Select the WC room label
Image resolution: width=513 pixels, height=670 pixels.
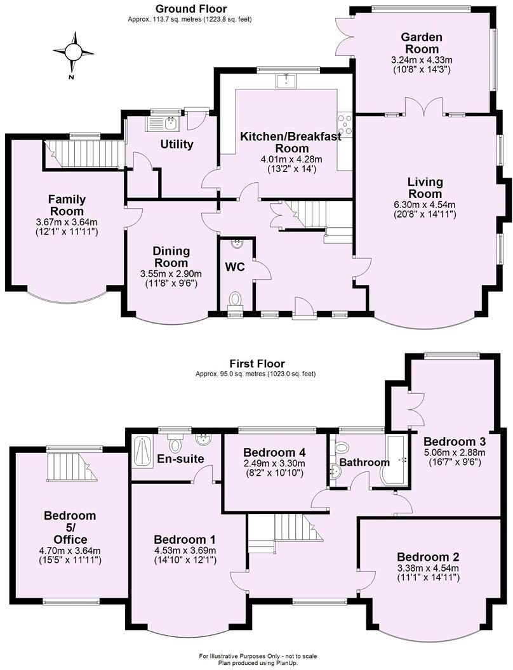pos(235,267)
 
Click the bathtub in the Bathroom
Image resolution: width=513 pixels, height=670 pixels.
pos(395,457)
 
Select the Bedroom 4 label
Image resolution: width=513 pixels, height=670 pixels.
pos(274,452)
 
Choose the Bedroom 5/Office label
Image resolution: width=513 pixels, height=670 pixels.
pos(69,526)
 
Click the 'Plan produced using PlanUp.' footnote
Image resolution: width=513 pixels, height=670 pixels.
pos(258,662)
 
